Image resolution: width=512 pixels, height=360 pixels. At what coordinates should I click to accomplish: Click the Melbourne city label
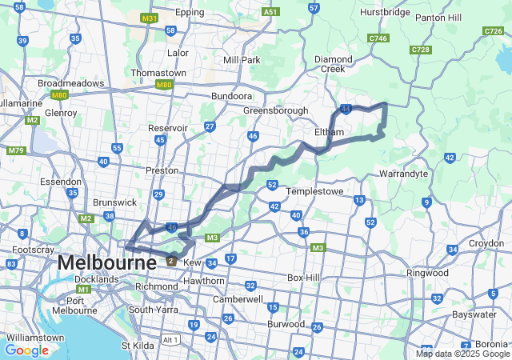pos(106,262)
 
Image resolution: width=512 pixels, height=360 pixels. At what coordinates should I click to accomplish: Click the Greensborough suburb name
pos(275,110)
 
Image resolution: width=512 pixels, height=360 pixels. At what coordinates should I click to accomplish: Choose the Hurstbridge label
pos(387,13)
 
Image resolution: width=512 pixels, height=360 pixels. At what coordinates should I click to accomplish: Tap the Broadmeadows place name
pos(71,83)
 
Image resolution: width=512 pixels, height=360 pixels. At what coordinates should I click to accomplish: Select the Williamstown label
pos(32,338)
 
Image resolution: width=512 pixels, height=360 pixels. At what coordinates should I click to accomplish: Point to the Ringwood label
pos(428,273)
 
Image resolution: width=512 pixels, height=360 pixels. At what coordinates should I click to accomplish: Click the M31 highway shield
pos(148,18)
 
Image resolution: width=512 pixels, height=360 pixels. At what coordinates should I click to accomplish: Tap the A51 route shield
pos(270,13)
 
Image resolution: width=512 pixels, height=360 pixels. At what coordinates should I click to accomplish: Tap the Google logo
pos(26,350)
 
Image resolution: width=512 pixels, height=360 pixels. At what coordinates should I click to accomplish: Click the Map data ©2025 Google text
pos(462,354)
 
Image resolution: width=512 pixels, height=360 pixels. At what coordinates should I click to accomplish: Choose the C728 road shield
pos(420,50)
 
